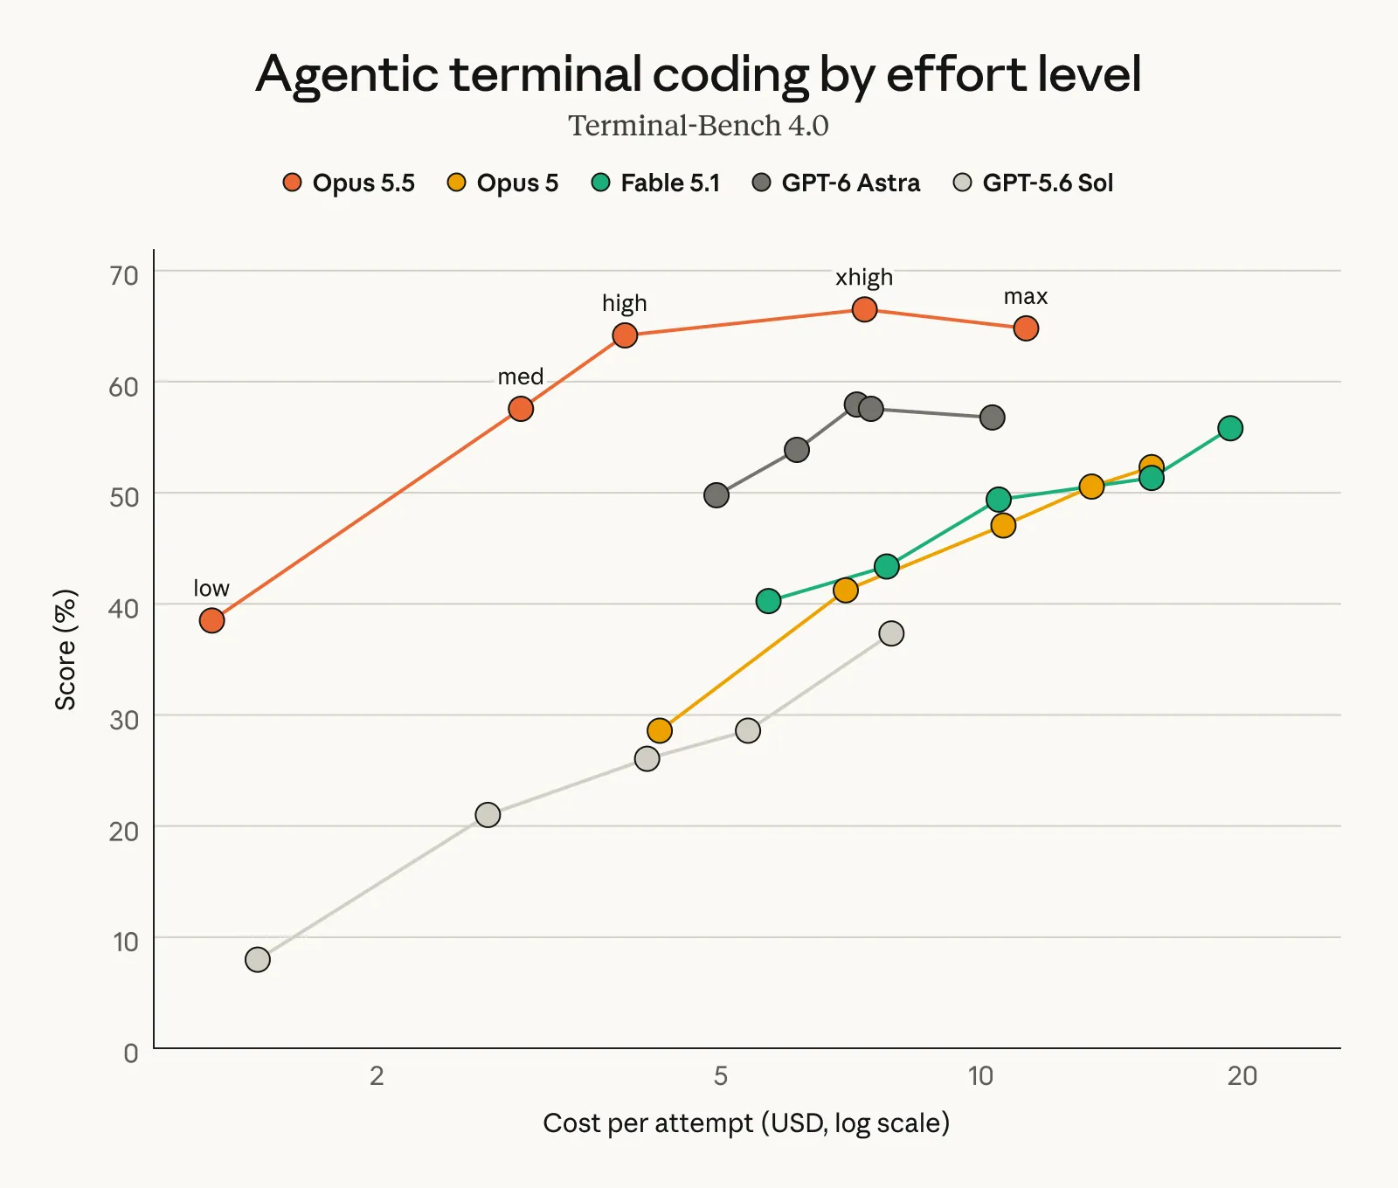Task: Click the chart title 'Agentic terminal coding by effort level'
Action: click(x=698, y=74)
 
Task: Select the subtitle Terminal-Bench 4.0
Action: click(x=698, y=126)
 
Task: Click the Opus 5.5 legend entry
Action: click(x=349, y=183)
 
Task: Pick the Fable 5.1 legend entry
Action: click(x=655, y=183)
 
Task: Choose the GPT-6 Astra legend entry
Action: click(x=836, y=183)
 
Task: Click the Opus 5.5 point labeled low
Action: click(x=211, y=620)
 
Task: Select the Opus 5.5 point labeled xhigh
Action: click(x=864, y=309)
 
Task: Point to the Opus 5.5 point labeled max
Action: click(x=1026, y=328)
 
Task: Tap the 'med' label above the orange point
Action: click(x=521, y=376)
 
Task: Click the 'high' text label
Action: click(x=625, y=303)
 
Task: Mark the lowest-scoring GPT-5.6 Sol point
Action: click(x=258, y=959)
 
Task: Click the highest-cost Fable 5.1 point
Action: click(x=1230, y=428)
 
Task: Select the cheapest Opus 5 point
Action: click(x=660, y=730)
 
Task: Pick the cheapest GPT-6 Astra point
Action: click(x=716, y=495)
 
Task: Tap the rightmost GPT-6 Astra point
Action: click(x=992, y=418)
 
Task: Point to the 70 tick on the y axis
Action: click(x=124, y=275)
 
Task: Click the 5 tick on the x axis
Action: click(x=720, y=1075)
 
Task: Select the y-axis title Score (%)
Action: click(x=66, y=650)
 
